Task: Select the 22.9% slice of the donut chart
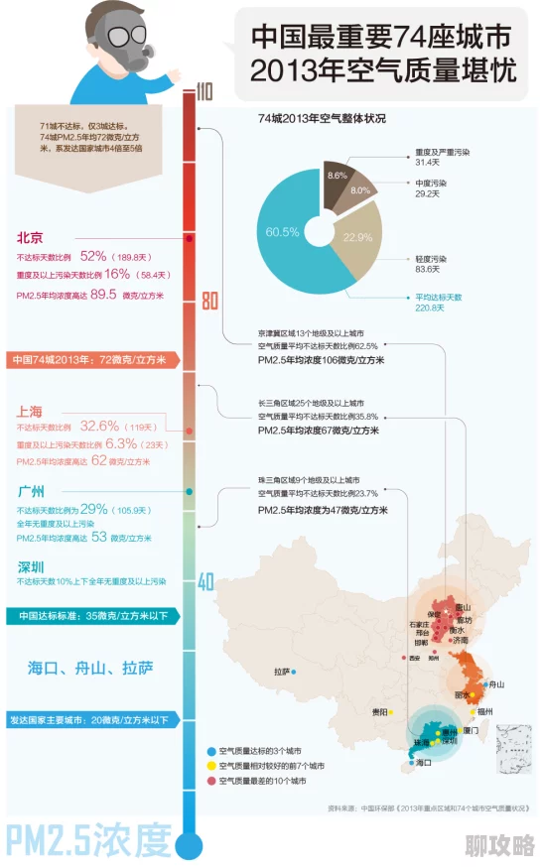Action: pyautogui.click(x=358, y=238)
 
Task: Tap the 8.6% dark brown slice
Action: pyautogui.click(x=337, y=176)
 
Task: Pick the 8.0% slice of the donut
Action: pyautogui.click(x=360, y=190)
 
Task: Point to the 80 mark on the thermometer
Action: pyautogui.click(x=207, y=301)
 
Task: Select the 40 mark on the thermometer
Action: pyautogui.click(x=205, y=582)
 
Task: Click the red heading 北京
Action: pyautogui.click(x=30, y=238)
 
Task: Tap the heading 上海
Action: pyautogui.click(x=30, y=410)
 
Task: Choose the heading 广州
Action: pyautogui.click(x=30, y=492)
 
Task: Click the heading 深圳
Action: pyautogui.click(x=30, y=567)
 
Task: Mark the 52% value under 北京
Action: pyautogui.click(x=93, y=256)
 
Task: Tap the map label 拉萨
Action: pyautogui.click(x=282, y=672)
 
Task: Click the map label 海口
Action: pyautogui.click(x=424, y=763)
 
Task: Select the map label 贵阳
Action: pyautogui.click(x=379, y=711)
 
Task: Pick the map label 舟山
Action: pyautogui.click(x=494, y=684)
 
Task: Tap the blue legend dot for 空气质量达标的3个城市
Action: pyautogui.click(x=211, y=751)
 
